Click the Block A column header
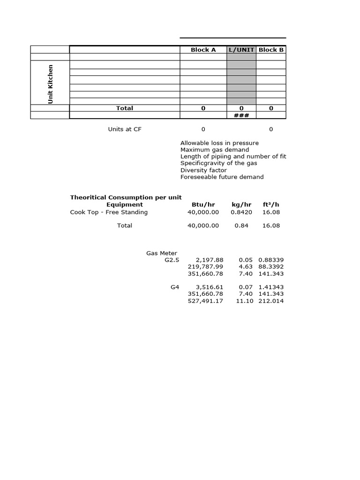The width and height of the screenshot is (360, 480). pyautogui.click(x=203, y=50)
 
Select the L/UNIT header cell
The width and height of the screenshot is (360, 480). pyautogui.click(x=241, y=50)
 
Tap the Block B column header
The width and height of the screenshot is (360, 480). pyautogui.click(x=271, y=50)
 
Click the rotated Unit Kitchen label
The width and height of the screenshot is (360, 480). pyautogui.click(x=50, y=84)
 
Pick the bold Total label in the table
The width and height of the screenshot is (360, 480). pyautogui.click(x=125, y=108)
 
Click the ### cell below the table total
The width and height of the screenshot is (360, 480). pyautogui.click(x=241, y=115)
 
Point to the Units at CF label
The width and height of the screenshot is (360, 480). pyautogui.click(x=125, y=129)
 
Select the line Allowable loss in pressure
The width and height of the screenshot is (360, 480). pyautogui.click(x=219, y=143)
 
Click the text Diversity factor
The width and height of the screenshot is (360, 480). pyautogui.click(x=203, y=170)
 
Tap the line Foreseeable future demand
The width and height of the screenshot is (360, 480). pyautogui.click(x=222, y=177)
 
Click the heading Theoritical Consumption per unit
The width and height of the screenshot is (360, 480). pyautogui.click(x=126, y=197)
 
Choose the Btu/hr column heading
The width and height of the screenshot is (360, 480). pyautogui.click(x=203, y=205)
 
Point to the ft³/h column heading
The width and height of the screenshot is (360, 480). pyautogui.click(x=270, y=205)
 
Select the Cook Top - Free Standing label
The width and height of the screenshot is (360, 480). pyautogui.click(x=109, y=212)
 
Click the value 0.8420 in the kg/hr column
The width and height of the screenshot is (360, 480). pyautogui.click(x=241, y=212)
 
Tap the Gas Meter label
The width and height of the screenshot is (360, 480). pyautogui.click(x=162, y=253)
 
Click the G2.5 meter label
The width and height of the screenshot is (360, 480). pyautogui.click(x=172, y=260)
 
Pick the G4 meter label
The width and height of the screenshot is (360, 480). pyautogui.click(x=175, y=287)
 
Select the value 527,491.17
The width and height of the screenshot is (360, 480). pyautogui.click(x=205, y=301)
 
